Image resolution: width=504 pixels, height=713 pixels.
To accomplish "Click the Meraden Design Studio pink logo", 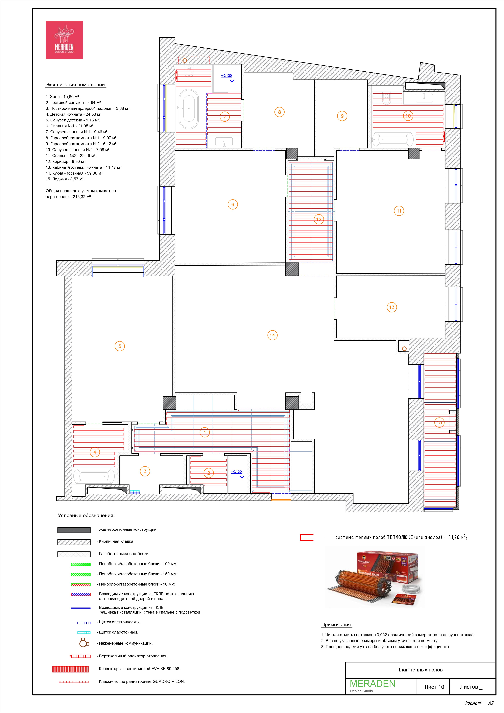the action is point(64,40).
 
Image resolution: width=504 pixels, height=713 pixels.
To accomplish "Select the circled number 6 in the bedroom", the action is point(233,204).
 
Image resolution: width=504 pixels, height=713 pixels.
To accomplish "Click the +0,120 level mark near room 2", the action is point(236,472).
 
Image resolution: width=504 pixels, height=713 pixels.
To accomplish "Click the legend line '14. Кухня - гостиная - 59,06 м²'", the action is point(75,173).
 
